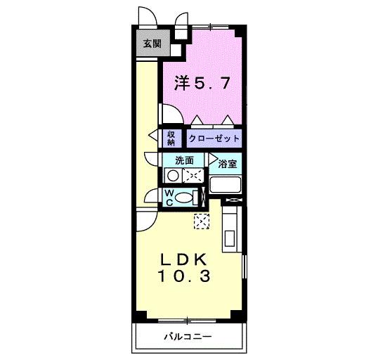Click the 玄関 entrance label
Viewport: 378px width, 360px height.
click(151, 44)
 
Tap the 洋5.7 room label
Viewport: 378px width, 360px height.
click(201, 83)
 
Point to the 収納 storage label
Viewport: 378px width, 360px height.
click(171, 138)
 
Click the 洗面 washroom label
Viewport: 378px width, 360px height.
click(184, 160)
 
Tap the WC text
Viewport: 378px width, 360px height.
click(169, 198)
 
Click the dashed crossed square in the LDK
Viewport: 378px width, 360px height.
click(202, 221)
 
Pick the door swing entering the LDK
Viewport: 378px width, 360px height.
click(147, 219)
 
